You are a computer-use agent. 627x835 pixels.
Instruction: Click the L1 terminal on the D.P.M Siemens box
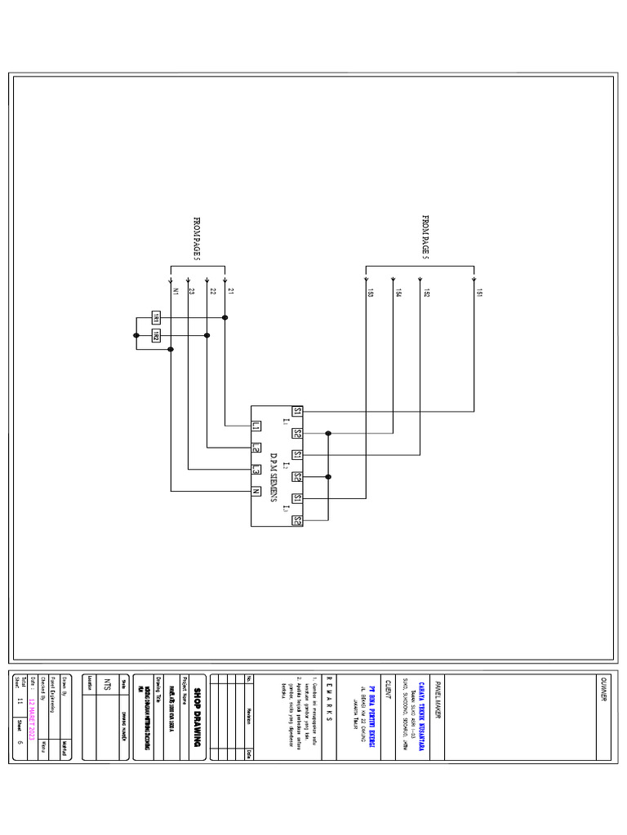256,426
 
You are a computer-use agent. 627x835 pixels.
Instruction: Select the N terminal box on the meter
256,492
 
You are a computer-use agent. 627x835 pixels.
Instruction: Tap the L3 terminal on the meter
256,470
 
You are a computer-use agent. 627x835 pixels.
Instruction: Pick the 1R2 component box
155,335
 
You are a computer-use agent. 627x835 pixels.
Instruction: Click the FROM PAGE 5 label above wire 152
425,238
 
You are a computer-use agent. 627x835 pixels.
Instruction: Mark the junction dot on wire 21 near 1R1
225,316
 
